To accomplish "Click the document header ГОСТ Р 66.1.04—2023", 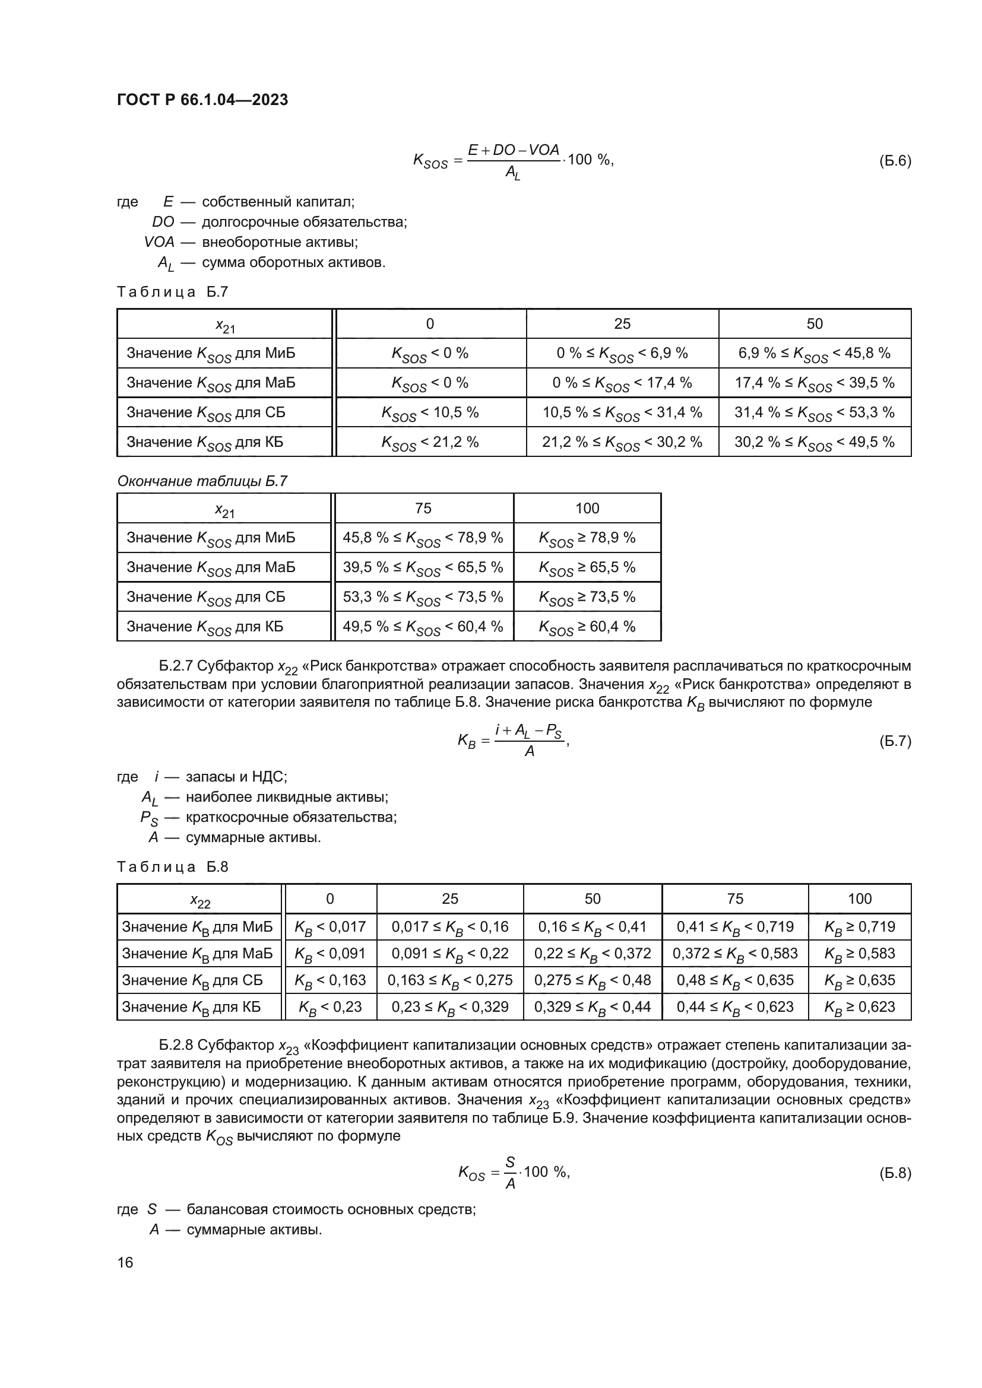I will click(202, 100).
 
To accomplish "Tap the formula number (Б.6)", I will click(894, 161).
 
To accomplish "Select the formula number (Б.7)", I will click(894, 741).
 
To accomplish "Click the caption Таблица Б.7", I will click(172, 292).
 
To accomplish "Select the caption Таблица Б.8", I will click(172, 867).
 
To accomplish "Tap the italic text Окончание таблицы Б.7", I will click(202, 481).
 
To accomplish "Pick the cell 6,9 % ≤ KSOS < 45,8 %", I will click(814, 354).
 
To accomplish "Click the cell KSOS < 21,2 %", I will click(429, 443).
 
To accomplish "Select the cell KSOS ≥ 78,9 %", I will click(587, 538).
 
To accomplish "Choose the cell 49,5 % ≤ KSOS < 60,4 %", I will click(423, 627).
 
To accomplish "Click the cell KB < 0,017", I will click(330, 927).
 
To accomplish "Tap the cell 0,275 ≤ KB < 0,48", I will click(592, 980).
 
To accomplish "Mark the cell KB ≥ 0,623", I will click(859, 1006).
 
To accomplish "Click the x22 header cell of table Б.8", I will click(199, 900).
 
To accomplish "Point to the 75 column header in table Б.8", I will click(734, 899).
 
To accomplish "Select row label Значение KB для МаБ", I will click(197, 954).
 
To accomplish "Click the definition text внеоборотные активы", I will click(280, 243).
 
